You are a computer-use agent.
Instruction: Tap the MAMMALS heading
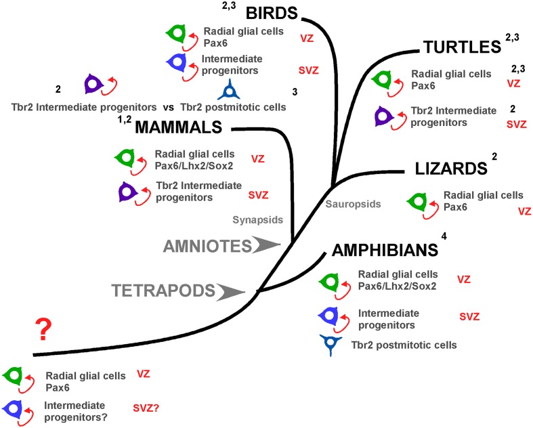click(x=179, y=127)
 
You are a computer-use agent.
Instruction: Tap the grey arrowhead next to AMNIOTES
click(x=264, y=244)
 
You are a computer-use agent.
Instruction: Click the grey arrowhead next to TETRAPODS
click(x=232, y=291)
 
